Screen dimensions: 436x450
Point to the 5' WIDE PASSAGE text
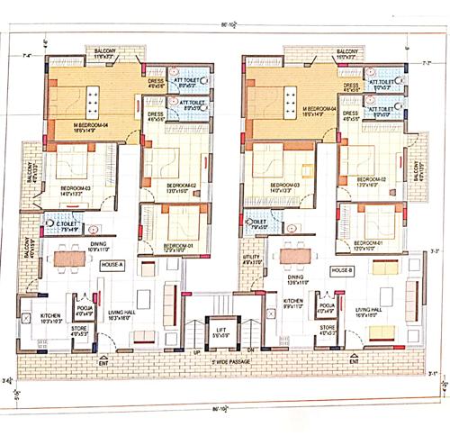(x=222, y=361)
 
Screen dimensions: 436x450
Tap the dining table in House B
(x=292, y=256)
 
